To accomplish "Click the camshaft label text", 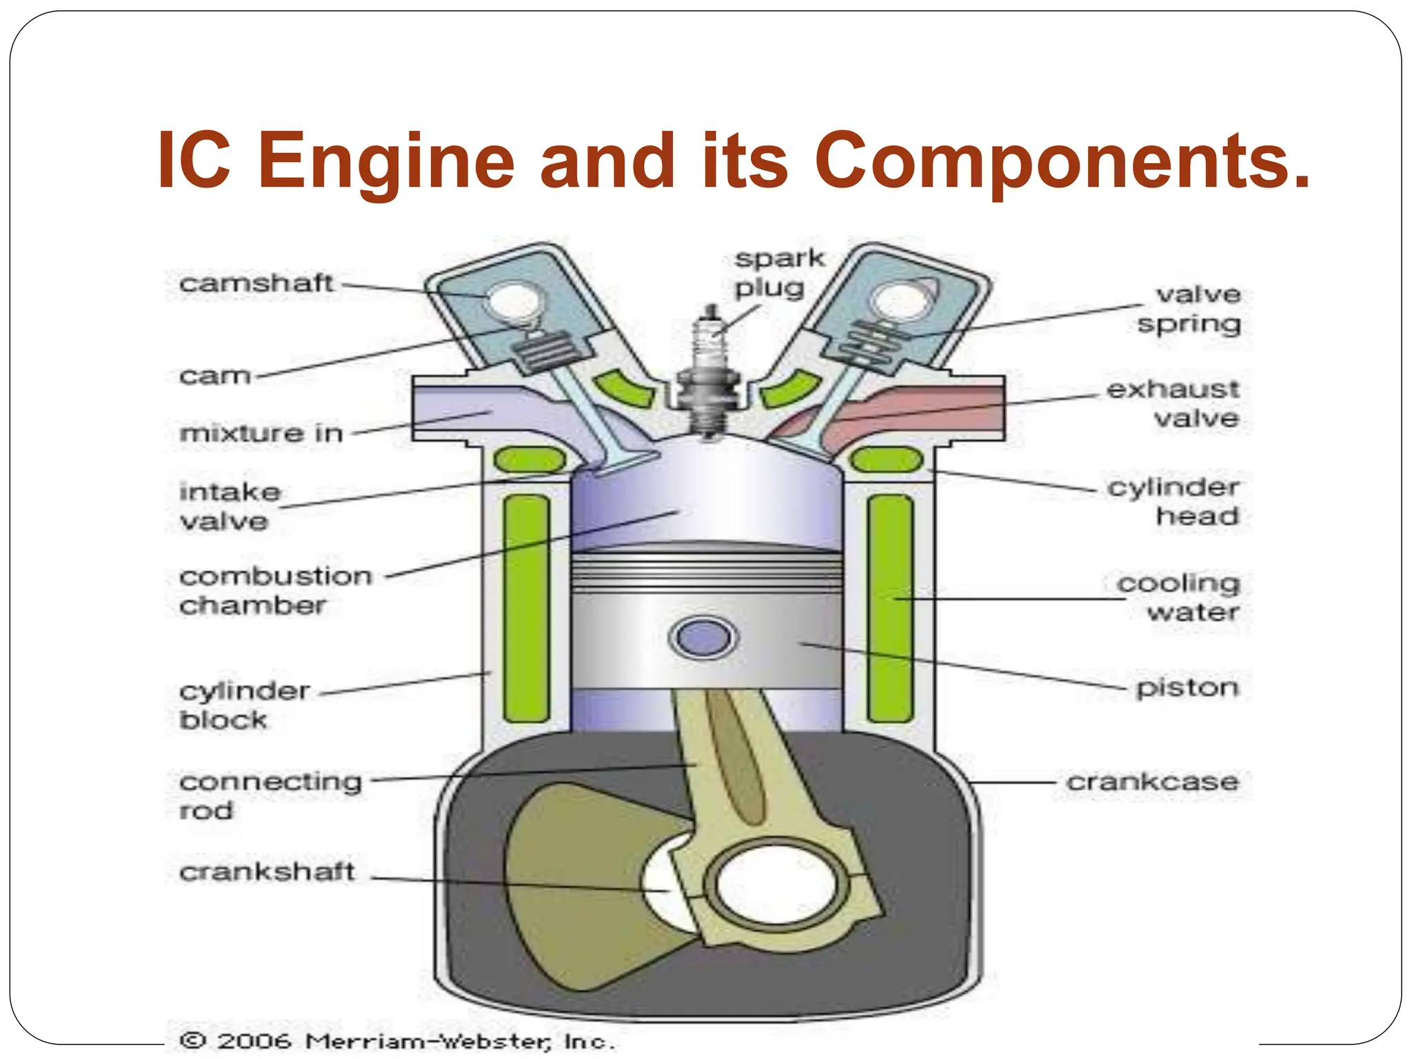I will click(256, 283).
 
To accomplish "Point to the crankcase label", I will click(1152, 782).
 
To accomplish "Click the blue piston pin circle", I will click(703, 637).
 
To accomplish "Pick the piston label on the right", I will click(1187, 687).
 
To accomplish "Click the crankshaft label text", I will click(267, 872).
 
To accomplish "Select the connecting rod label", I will click(270, 795).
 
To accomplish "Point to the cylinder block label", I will click(244, 705).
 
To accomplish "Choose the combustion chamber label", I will click(275, 590).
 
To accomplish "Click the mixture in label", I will click(261, 433).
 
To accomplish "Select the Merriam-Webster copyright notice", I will click(396, 1040).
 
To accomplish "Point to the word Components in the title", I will click(1062, 162).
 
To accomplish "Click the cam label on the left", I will click(214, 376).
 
